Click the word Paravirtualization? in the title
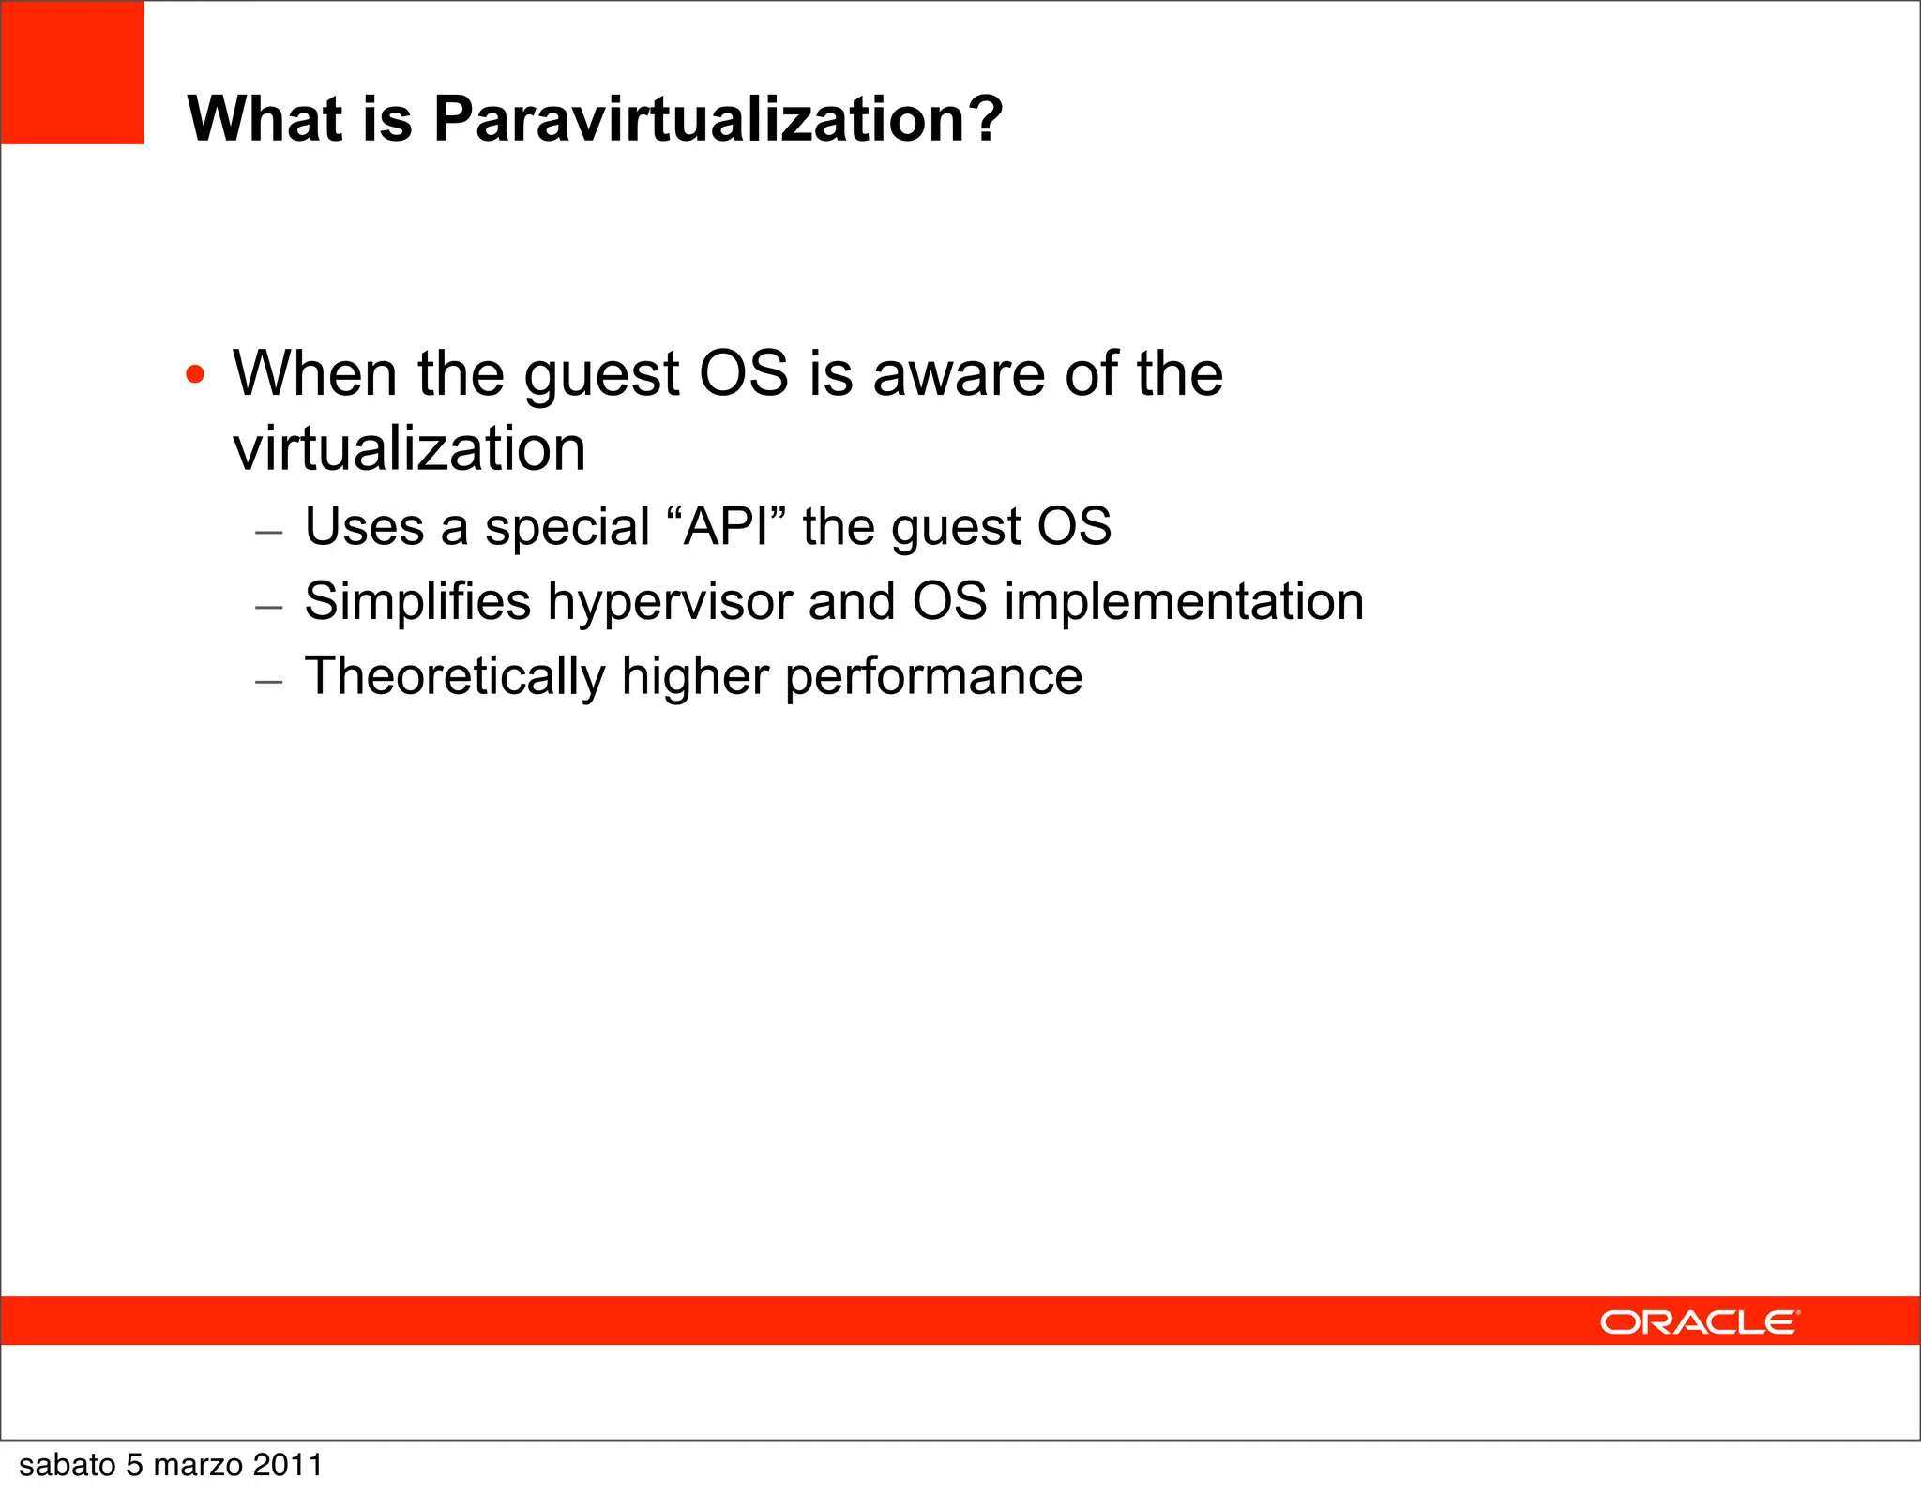pyautogui.click(x=718, y=120)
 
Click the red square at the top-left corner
pyautogui.click(x=72, y=72)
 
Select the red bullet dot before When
pyautogui.click(x=195, y=375)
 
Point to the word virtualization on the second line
pyautogui.click(x=409, y=448)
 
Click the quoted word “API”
pyautogui.click(x=725, y=526)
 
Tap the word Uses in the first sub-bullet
pyautogui.click(x=365, y=526)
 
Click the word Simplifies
pyautogui.click(x=417, y=601)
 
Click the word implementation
pyautogui.click(x=1184, y=602)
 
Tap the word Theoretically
pyautogui.click(x=455, y=677)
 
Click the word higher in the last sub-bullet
pyautogui.click(x=695, y=677)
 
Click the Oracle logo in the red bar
pyautogui.click(x=1699, y=1322)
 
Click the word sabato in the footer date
pyautogui.click(x=67, y=1465)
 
